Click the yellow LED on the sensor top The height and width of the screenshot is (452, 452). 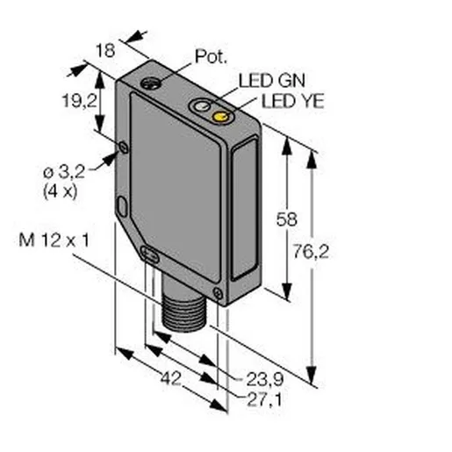(x=221, y=117)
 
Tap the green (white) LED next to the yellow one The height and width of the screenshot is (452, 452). (x=202, y=106)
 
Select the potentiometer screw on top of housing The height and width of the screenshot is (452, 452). (x=151, y=83)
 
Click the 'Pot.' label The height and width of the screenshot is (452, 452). (x=211, y=56)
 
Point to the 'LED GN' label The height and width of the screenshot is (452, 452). (x=272, y=80)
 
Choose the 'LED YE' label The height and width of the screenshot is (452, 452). (x=293, y=101)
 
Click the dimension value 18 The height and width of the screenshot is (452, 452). (x=105, y=50)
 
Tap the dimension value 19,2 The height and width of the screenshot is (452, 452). (x=80, y=101)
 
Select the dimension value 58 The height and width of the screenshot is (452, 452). (x=287, y=219)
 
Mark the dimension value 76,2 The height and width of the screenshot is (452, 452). (x=311, y=251)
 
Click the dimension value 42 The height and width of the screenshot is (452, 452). (x=171, y=378)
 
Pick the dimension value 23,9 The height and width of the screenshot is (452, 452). (x=265, y=379)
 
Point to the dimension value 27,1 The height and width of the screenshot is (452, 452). (x=264, y=399)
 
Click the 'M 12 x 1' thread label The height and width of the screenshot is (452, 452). (x=54, y=240)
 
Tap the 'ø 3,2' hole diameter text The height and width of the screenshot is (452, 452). (x=64, y=172)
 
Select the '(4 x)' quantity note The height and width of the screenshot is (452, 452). (x=61, y=192)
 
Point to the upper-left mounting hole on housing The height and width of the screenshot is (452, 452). (x=124, y=147)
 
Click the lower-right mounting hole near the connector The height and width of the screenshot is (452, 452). (x=218, y=293)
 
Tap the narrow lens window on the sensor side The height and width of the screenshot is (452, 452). (x=245, y=209)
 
